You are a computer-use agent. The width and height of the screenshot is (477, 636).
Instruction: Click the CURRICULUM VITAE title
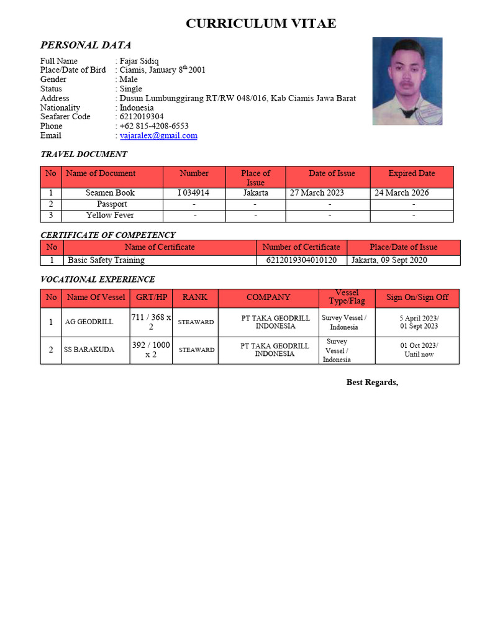(x=261, y=24)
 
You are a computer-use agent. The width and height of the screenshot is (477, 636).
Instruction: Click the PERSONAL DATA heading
(x=85, y=45)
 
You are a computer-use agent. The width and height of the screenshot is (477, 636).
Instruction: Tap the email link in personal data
(x=158, y=135)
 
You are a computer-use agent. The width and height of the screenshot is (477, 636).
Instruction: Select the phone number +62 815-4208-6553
(x=154, y=126)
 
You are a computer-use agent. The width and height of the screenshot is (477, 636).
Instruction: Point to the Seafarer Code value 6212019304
(x=142, y=117)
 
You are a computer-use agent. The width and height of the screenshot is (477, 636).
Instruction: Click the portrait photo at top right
(x=407, y=81)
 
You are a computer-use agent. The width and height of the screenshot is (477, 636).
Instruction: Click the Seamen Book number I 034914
(x=193, y=193)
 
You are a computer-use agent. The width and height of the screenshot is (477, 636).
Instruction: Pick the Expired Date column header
(x=411, y=173)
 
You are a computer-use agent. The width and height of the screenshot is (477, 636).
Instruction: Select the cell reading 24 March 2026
(x=401, y=193)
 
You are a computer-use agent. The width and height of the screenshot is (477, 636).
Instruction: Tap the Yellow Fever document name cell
(x=110, y=216)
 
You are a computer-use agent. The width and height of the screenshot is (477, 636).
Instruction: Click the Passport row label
(x=112, y=204)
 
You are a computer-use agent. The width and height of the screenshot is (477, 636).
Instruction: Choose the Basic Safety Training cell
(x=106, y=260)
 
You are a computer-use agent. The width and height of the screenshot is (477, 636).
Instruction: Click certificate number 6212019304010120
(x=301, y=260)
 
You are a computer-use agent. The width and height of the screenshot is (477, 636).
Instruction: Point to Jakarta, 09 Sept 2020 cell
(x=389, y=260)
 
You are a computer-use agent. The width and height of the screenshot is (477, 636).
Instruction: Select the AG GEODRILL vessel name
(x=89, y=322)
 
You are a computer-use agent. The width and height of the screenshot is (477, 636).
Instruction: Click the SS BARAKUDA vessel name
(x=89, y=350)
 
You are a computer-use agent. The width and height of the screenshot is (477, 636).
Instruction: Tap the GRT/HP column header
(x=151, y=298)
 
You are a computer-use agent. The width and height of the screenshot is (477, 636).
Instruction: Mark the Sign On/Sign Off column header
(x=417, y=298)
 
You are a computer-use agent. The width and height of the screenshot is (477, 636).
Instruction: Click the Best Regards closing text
(x=372, y=383)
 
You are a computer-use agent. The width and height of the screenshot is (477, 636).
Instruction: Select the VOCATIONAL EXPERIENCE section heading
(x=98, y=279)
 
